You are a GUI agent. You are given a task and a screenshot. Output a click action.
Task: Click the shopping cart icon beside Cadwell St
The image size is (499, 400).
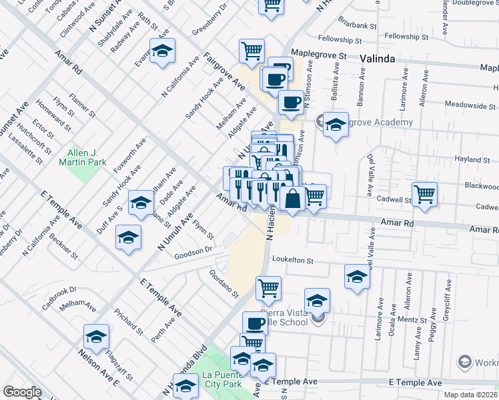pyautogui.click(x=425, y=194)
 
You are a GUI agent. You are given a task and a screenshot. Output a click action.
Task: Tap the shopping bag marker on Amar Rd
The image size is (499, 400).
pyautogui.click(x=293, y=199)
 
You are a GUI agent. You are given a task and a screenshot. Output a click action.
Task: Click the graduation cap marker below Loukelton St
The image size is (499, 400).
pyautogui.click(x=357, y=276)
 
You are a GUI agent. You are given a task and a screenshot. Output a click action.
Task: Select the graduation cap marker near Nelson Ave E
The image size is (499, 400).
pyautogui.click(x=97, y=337)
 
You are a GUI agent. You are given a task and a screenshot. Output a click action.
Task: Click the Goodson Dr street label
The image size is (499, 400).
pyautogui.click(x=193, y=254)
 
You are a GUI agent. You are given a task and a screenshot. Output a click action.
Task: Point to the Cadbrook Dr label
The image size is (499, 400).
pyautogui.click(x=59, y=294)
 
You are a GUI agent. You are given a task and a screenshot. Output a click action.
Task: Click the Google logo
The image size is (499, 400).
pyautogui.click(x=22, y=391)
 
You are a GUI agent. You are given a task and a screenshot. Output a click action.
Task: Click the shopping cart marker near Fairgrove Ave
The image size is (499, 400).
pyautogui.click(x=252, y=51)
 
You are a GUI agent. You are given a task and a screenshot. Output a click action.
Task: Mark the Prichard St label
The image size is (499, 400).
pyautogui.click(x=128, y=321)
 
